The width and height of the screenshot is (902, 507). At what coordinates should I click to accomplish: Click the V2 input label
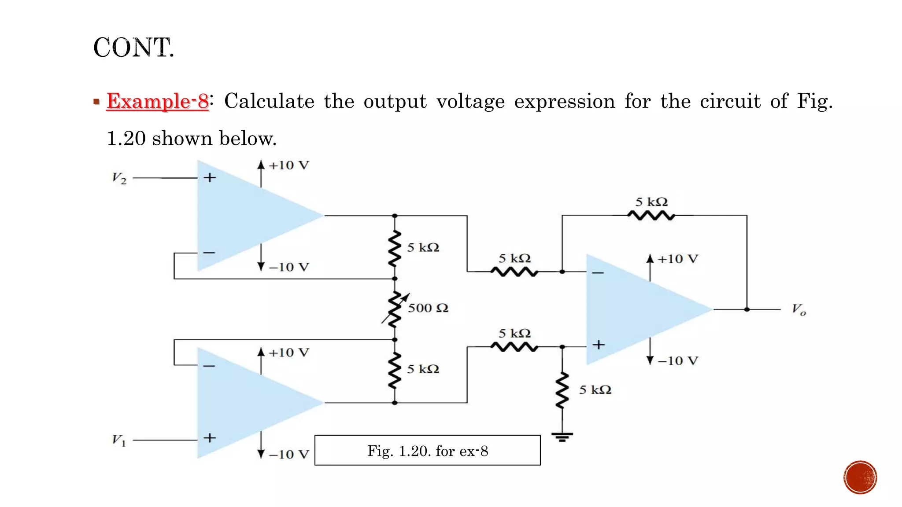[119, 178]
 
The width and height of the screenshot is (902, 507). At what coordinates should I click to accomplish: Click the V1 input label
[119, 440]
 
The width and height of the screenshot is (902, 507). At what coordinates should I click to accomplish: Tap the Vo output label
[798, 310]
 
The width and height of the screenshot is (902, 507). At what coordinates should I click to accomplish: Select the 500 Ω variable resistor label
[428, 308]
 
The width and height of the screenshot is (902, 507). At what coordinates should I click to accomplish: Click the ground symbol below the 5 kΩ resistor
[562, 437]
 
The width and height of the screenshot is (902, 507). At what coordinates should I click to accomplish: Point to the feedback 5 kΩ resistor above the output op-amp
[651, 216]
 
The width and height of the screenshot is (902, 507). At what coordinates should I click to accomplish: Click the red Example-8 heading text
[157, 101]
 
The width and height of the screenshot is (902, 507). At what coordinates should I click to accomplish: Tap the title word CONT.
[133, 48]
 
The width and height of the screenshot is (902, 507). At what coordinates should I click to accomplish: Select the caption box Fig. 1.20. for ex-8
[427, 450]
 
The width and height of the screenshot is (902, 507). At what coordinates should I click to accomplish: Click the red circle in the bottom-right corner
[860, 478]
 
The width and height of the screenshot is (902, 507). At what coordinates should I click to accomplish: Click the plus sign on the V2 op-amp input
[210, 178]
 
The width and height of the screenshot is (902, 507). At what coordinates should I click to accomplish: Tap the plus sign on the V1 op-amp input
[210, 438]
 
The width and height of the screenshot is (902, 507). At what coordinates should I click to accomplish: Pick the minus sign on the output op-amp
[598, 273]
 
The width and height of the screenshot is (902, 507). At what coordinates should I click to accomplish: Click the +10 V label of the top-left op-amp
[289, 165]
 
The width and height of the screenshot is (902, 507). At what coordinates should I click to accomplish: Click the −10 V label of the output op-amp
[677, 361]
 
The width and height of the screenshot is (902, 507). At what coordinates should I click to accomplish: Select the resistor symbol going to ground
[562, 391]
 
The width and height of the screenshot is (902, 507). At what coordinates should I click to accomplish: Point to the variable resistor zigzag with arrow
[395, 309]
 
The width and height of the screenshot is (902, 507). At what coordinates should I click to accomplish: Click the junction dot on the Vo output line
[747, 309]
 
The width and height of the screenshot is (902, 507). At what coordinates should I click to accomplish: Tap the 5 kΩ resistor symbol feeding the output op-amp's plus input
[514, 347]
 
